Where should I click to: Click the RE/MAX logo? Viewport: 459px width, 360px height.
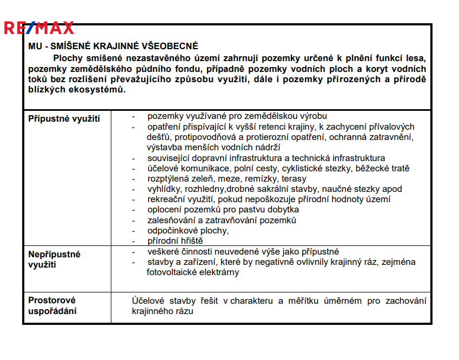[x=39, y=28]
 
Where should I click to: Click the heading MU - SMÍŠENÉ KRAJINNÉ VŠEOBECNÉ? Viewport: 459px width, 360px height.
[x=113, y=46]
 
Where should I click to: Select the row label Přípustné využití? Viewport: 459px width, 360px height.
[x=64, y=118]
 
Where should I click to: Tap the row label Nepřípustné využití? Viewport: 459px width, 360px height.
[x=54, y=259]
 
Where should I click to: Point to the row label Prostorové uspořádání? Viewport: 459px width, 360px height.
[x=52, y=305]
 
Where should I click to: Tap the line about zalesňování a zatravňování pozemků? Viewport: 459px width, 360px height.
[x=222, y=221]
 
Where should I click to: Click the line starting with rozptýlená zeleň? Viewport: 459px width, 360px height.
[x=227, y=179]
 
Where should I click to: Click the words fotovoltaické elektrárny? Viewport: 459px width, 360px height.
[x=192, y=272]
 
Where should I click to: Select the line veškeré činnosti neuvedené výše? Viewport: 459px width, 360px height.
[x=243, y=251]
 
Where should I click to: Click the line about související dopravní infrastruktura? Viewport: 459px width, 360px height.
[x=266, y=158]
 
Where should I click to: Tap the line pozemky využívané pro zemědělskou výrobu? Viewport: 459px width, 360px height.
[x=237, y=116]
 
